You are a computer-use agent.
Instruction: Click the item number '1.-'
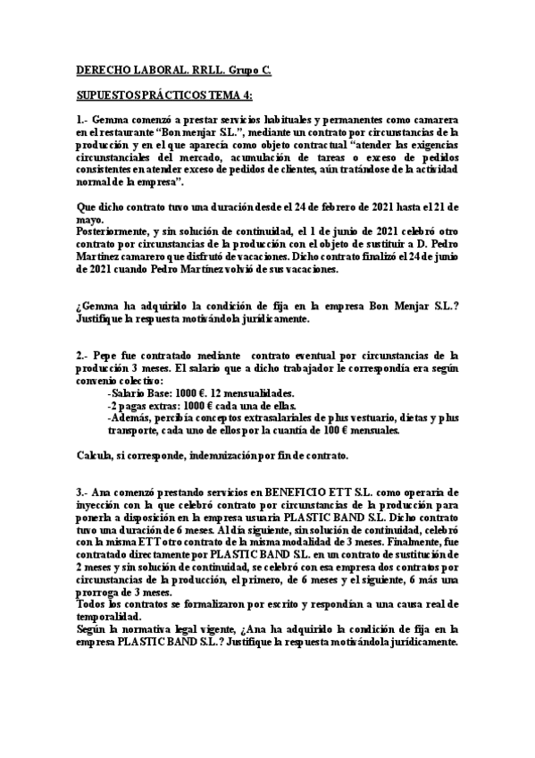coord(82,120)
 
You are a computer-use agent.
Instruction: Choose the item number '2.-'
coord(82,356)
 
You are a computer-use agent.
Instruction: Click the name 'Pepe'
coord(113,356)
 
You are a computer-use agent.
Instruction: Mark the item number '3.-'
coord(82,493)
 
